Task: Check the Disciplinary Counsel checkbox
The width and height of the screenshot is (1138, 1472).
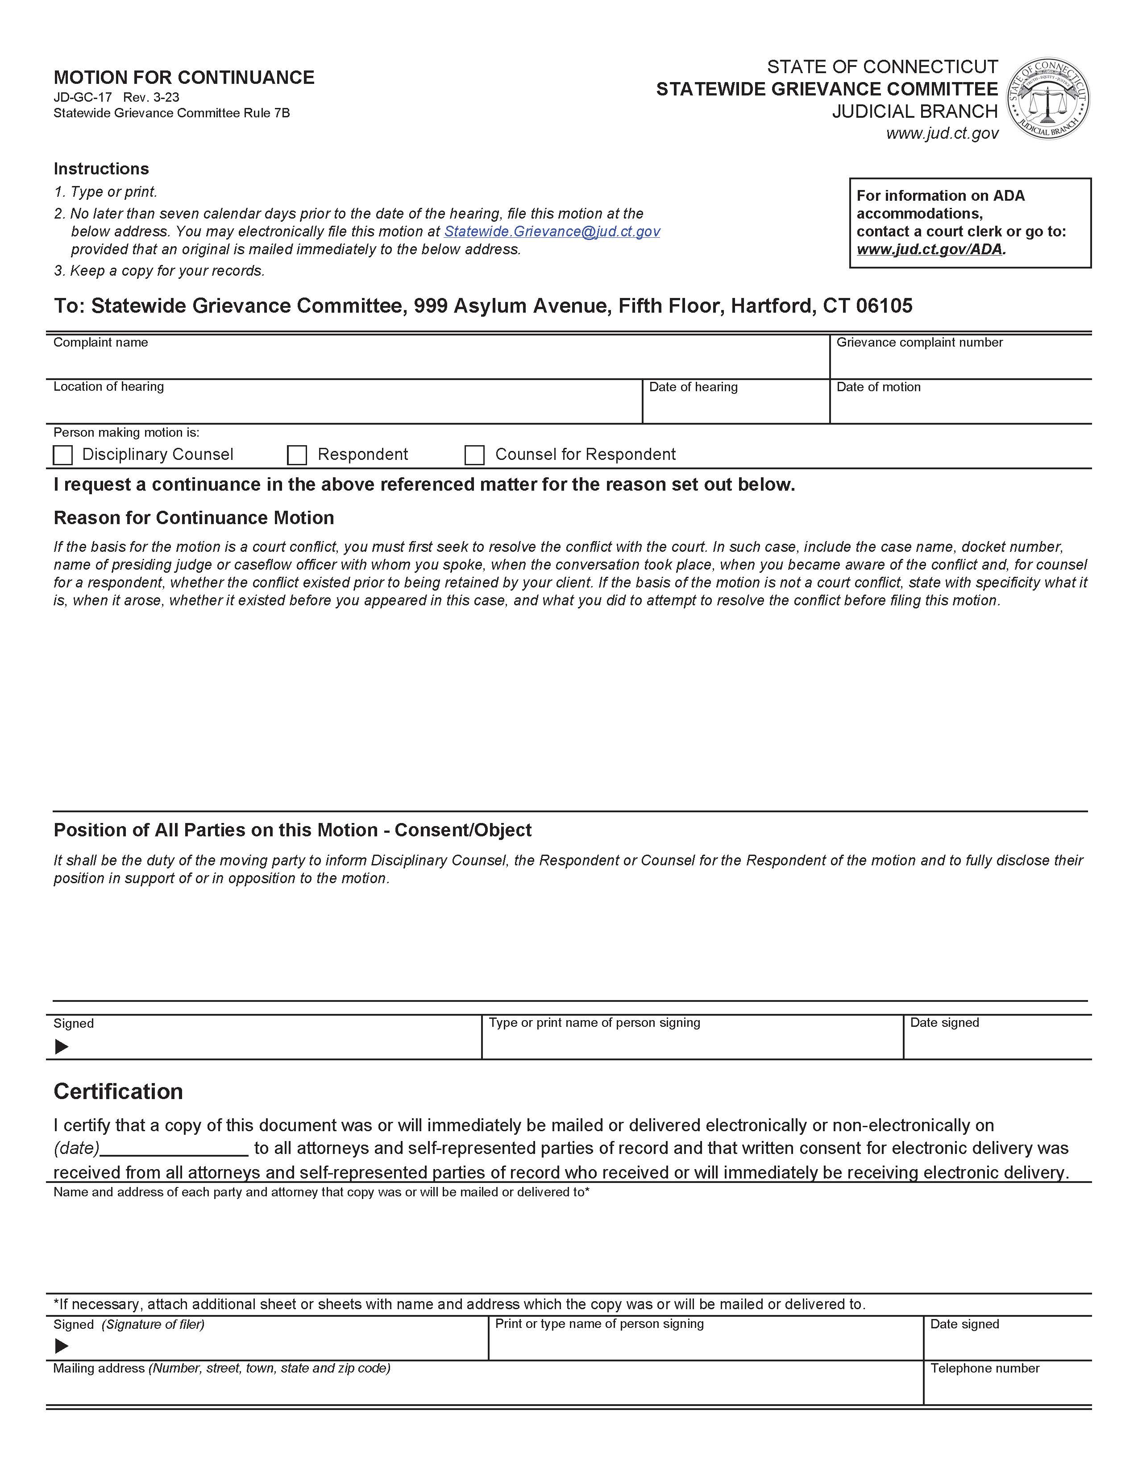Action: pos(62,455)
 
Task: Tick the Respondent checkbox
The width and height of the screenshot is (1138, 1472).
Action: pos(297,455)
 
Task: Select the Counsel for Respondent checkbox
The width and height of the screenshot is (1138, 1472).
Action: pos(475,455)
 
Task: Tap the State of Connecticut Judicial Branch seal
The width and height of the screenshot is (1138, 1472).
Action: pos(1048,99)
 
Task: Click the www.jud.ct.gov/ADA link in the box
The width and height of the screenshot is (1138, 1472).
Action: pos(929,249)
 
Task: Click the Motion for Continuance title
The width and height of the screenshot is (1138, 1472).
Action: pos(184,78)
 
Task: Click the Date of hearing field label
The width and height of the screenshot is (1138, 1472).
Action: pos(693,387)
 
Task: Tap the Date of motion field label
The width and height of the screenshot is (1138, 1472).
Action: pos(878,387)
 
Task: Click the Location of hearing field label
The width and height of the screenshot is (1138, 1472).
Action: pos(108,386)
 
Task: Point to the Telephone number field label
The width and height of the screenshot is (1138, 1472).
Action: pos(984,1368)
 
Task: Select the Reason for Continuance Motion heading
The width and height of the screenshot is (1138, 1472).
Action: pos(194,517)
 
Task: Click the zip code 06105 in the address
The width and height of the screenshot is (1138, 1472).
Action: pos(884,306)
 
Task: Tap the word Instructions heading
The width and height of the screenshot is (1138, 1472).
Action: pos(101,169)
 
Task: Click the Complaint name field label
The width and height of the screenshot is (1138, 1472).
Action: pos(100,343)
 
